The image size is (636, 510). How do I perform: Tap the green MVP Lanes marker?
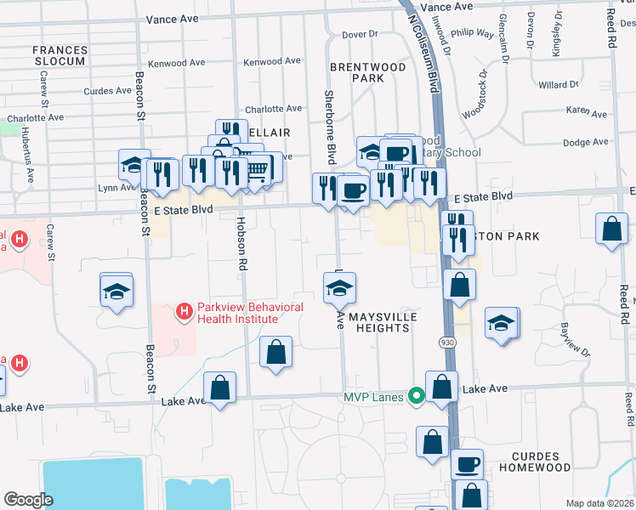tap(416, 396)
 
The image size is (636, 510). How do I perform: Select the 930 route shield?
tap(447, 342)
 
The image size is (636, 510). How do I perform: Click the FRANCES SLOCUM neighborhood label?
tap(60, 56)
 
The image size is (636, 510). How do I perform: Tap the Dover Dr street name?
tap(359, 35)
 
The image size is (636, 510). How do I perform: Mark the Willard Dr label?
tap(559, 85)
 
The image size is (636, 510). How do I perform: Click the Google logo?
tap(28, 499)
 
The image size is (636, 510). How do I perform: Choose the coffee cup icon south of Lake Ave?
tap(467, 464)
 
